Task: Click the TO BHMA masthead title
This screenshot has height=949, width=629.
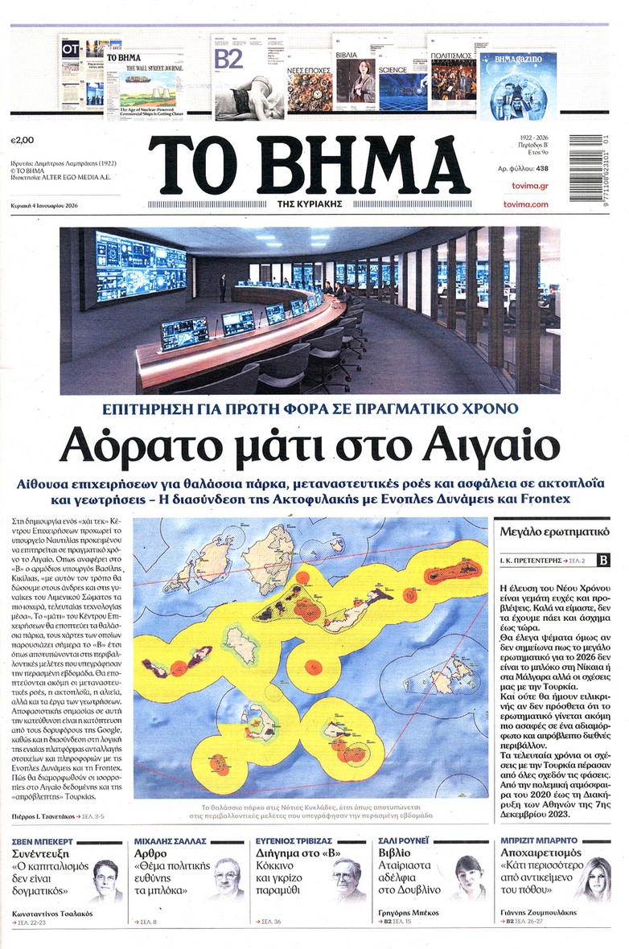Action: (308, 165)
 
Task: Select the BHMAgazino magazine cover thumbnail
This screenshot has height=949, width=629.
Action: (518, 85)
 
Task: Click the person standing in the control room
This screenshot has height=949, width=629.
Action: (223, 287)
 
